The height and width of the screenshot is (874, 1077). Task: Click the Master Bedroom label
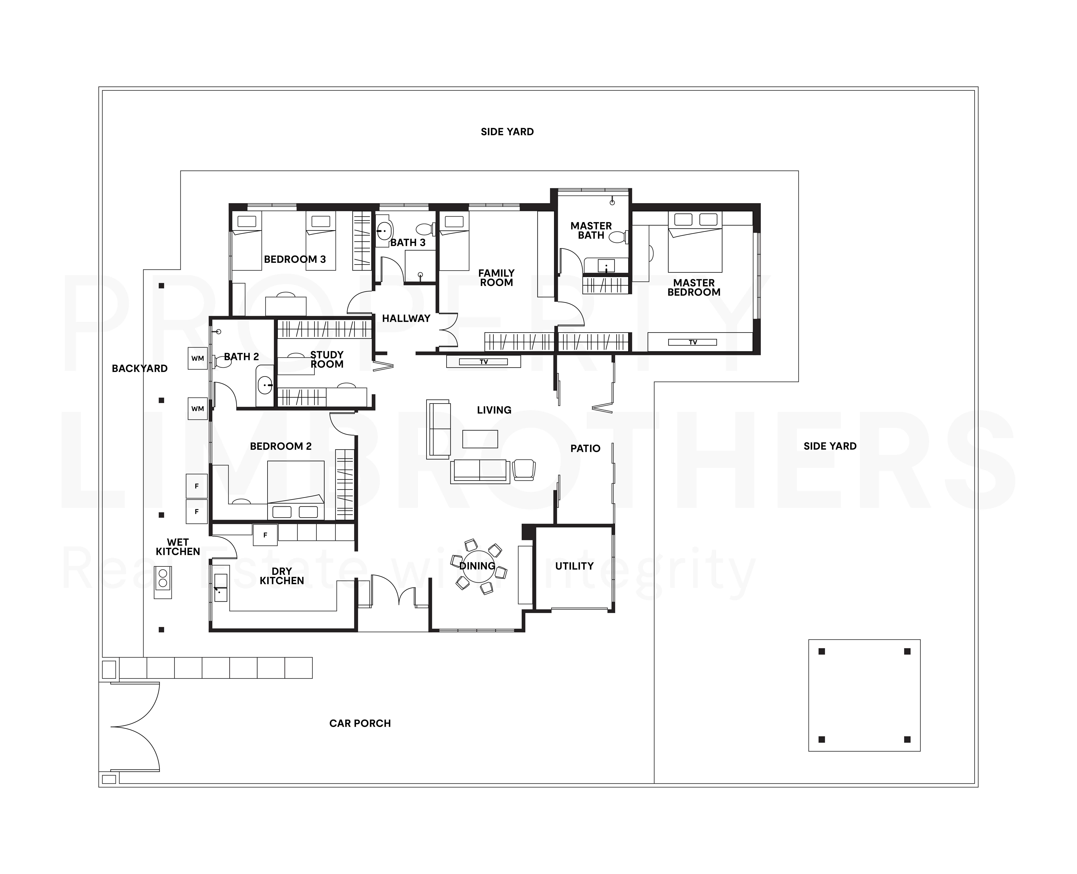pyautogui.click(x=694, y=287)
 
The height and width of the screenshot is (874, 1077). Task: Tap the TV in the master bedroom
pyautogui.click(x=693, y=342)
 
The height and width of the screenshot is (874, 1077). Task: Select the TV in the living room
pyautogui.click(x=483, y=361)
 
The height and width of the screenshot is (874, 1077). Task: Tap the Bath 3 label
pyautogui.click(x=408, y=242)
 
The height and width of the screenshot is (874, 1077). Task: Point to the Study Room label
pyautogui.click(x=327, y=359)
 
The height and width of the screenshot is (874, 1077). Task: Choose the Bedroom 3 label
pyautogui.click(x=295, y=259)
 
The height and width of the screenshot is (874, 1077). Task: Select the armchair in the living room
pyautogui.click(x=524, y=469)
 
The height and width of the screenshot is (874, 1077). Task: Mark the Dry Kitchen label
pyautogui.click(x=282, y=576)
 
